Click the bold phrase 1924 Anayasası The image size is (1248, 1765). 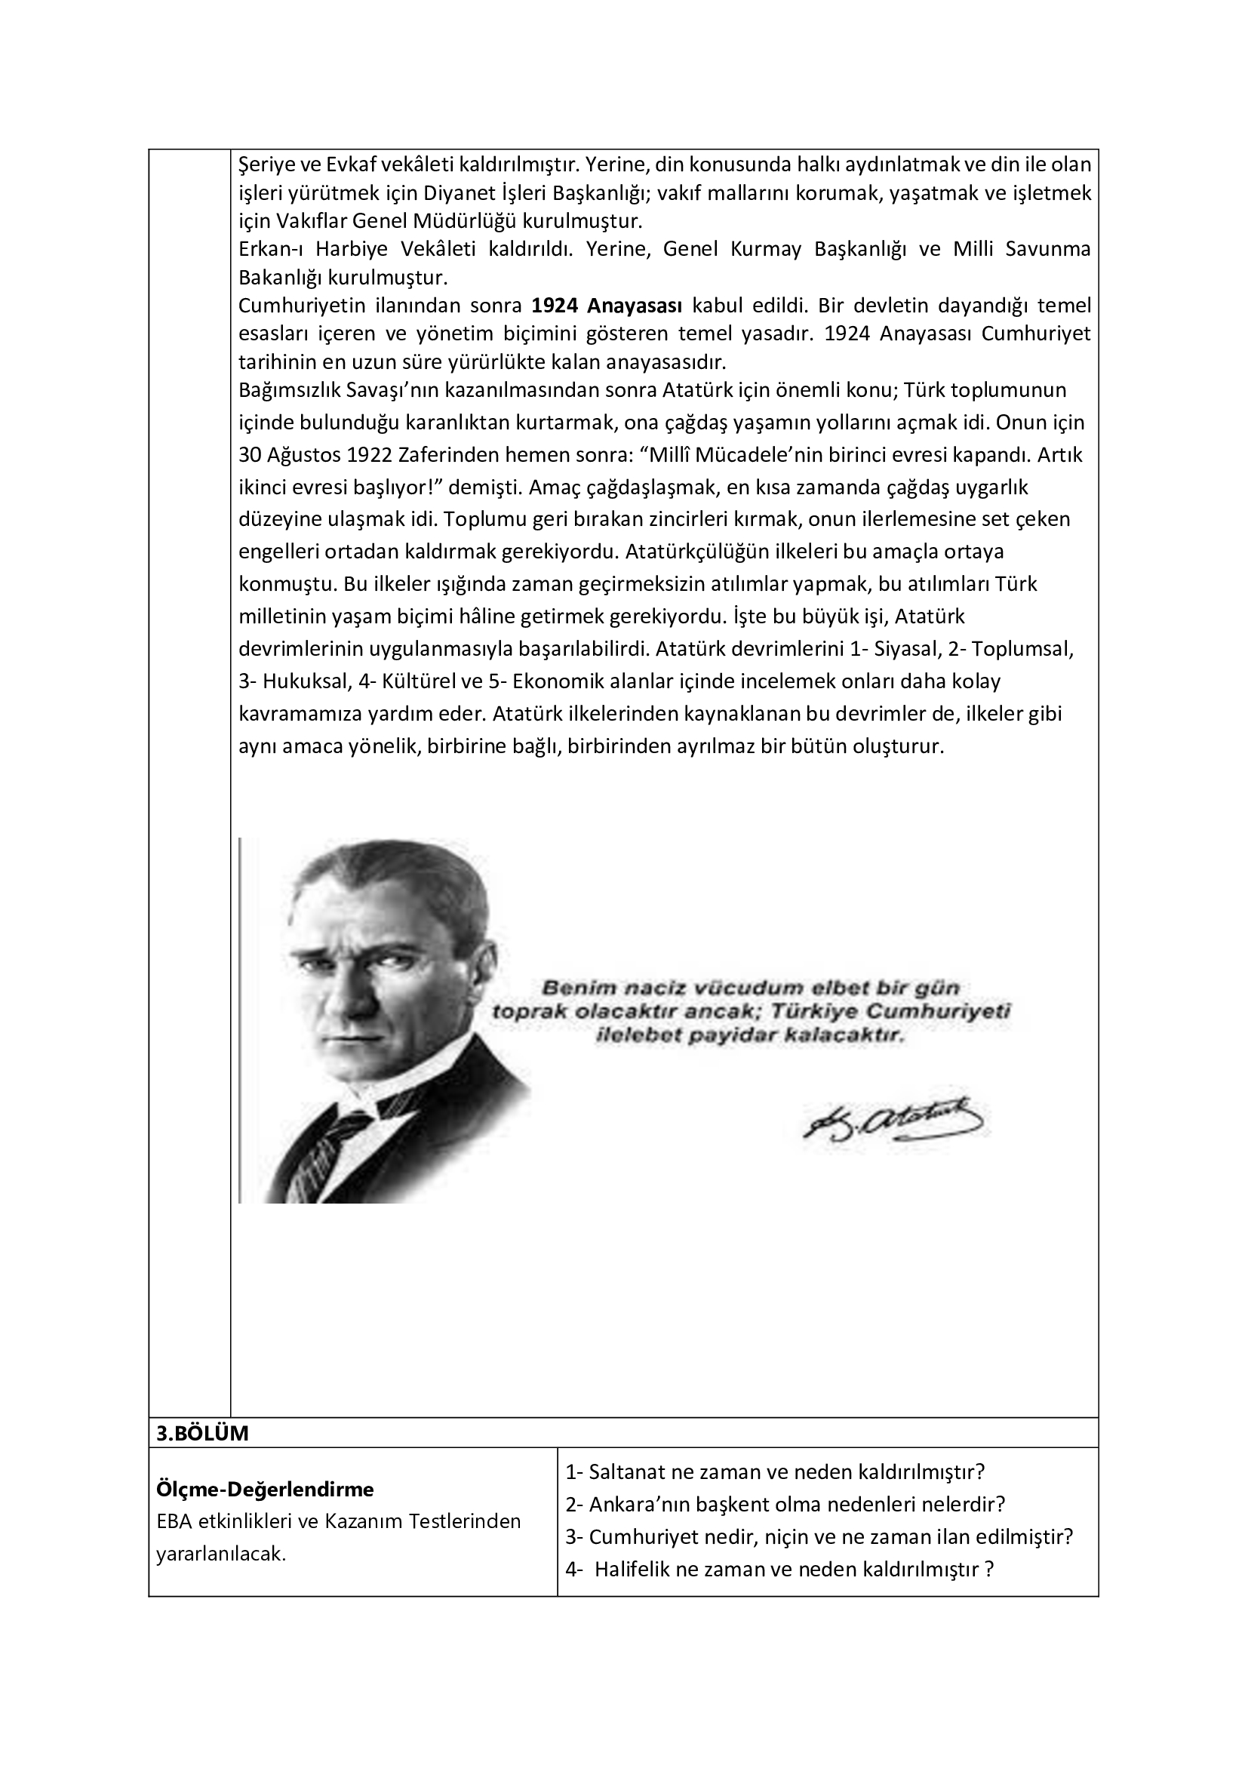pos(607,306)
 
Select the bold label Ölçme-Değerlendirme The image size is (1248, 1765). pos(265,1490)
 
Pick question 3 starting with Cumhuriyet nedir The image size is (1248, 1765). pos(819,1536)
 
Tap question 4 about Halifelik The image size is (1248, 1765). pos(779,1569)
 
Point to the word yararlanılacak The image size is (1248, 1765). pos(221,1554)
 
